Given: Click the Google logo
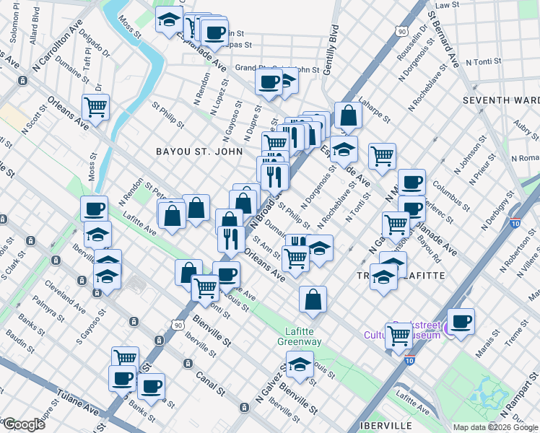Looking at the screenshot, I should (x=24, y=424).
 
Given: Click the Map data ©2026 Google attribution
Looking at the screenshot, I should (x=495, y=427).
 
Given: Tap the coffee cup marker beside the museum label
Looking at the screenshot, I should (x=461, y=320).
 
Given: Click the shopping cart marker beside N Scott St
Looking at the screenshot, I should (x=95, y=108).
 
